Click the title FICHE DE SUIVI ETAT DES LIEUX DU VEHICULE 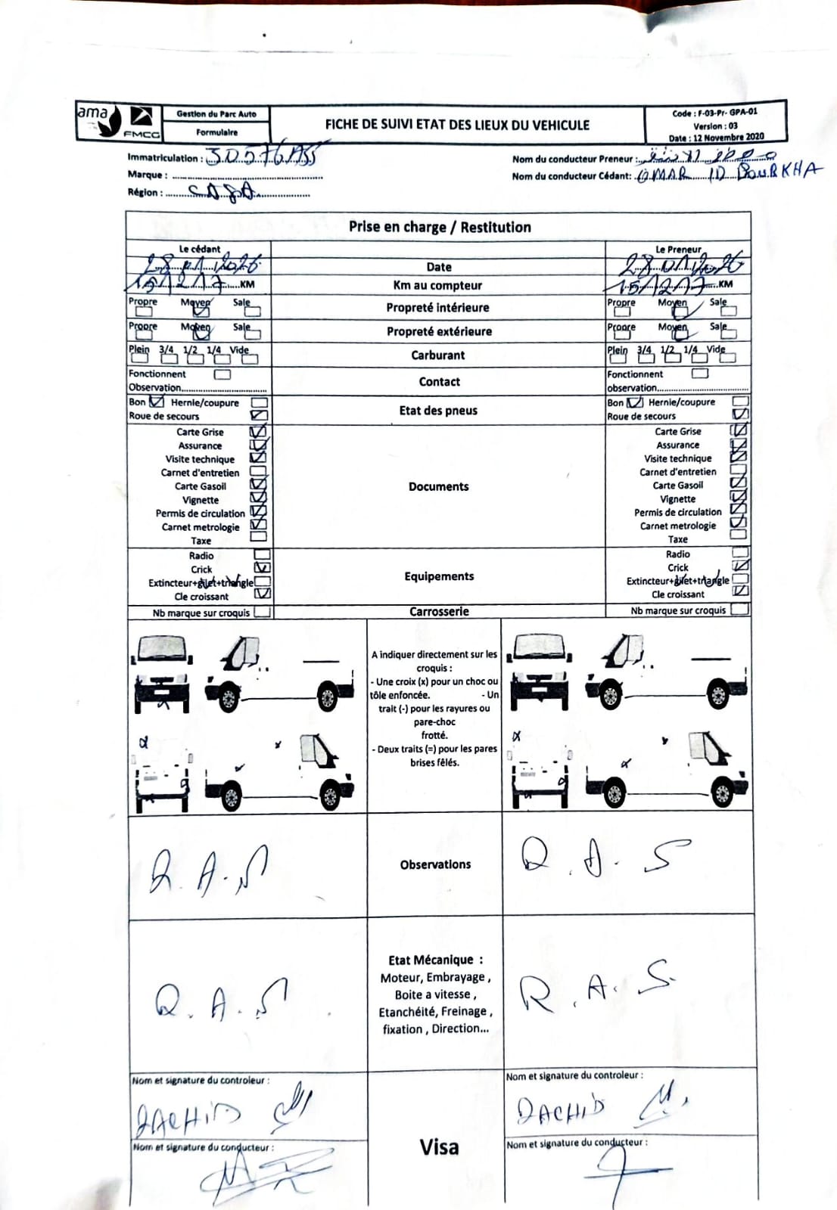tap(456, 125)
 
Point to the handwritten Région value tap(224, 192)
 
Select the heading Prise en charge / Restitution tap(439, 227)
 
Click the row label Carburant tap(438, 355)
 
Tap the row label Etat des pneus tap(438, 411)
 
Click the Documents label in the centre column tap(438, 486)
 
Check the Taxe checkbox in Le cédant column tap(259, 537)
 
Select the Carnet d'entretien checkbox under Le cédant tap(259, 470)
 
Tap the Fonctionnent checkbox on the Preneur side tap(700, 373)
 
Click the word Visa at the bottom tap(439, 1147)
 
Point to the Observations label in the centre tap(435, 864)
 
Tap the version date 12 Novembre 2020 tap(726, 137)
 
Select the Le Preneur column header tap(678, 249)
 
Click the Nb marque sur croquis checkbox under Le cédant tap(263, 613)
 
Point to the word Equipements tap(439, 576)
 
